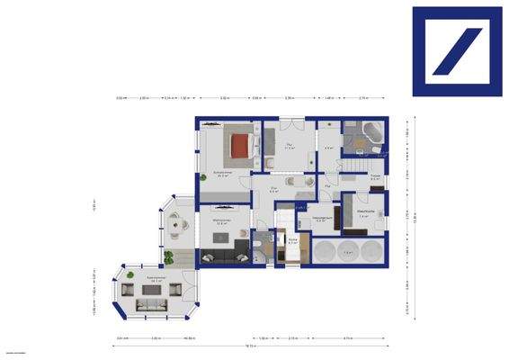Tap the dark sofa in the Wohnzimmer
click(223, 256)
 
